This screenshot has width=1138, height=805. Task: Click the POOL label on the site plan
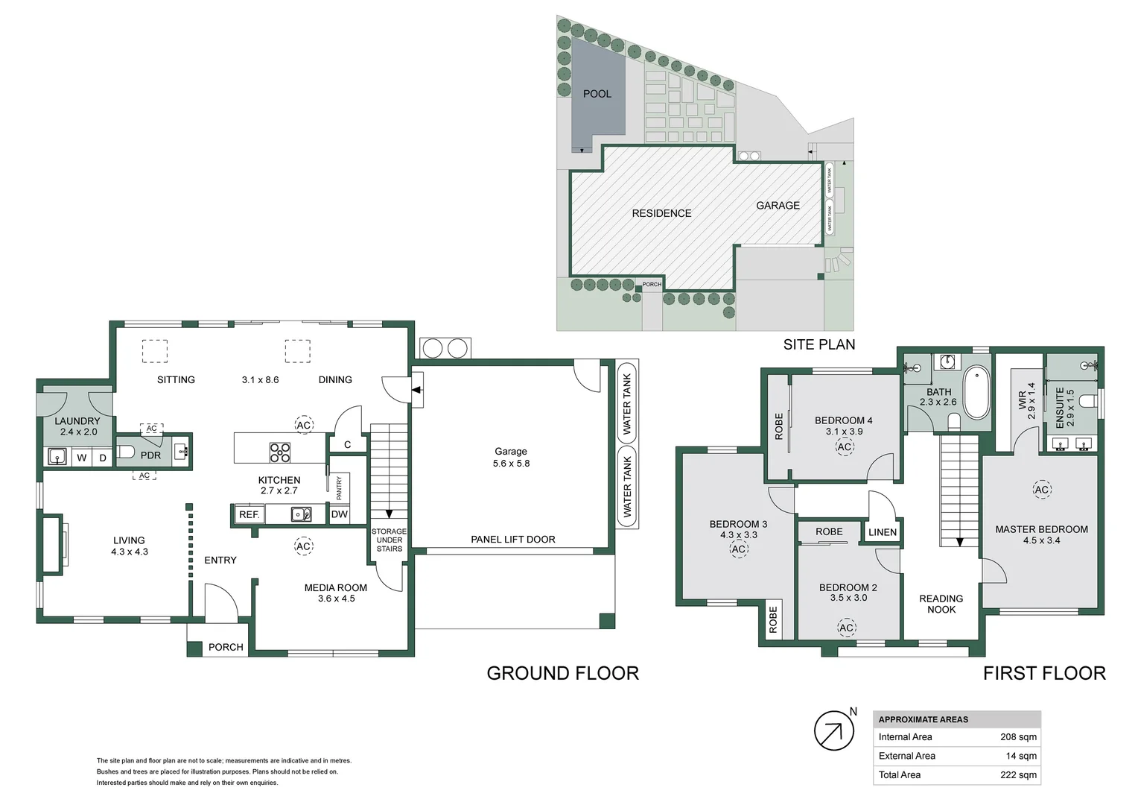click(x=597, y=94)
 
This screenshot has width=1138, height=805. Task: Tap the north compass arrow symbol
click(x=833, y=731)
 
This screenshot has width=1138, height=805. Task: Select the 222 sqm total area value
click(x=1018, y=775)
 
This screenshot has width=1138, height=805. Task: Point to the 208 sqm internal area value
click(x=1018, y=737)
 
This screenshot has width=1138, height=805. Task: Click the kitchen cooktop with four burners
click(x=280, y=452)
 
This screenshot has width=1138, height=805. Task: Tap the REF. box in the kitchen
click(x=249, y=515)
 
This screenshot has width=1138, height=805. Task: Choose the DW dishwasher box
click(x=340, y=514)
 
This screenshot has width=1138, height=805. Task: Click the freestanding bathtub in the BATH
click(x=976, y=392)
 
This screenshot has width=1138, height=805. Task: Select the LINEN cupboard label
click(x=883, y=532)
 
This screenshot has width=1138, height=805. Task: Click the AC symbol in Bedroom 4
click(x=844, y=447)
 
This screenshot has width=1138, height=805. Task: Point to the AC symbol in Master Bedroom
click(x=1041, y=490)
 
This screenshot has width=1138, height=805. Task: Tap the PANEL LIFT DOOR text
click(x=512, y=540)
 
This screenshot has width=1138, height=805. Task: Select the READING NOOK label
click(x=941, y=604)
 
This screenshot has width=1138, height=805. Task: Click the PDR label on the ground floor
click(x=150, y=455)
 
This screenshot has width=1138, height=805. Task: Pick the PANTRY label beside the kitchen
click(x=339, y=488)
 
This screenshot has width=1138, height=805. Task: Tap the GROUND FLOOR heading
click(x=562, y=674)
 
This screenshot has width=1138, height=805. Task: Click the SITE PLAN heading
click(x=818, y=344)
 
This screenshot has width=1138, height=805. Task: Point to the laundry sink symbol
click(x=57, y=456)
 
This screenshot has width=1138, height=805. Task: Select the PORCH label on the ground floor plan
click(x=226, y=648)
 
